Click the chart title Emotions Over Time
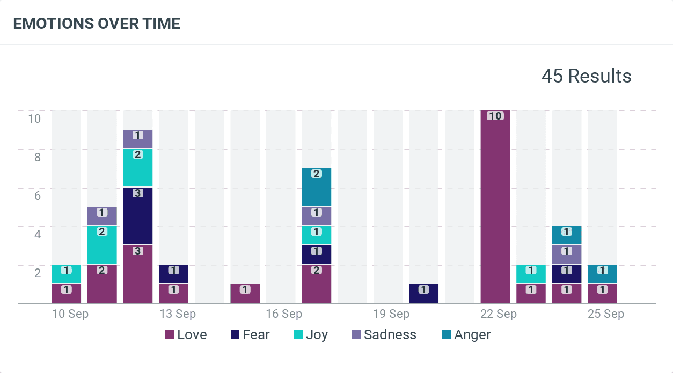pos(97,24)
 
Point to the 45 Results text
pos(586,76)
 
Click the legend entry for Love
pos(186,335)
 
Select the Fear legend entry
pos(250,335)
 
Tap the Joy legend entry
pos(310,335)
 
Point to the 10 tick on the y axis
pos(34,118)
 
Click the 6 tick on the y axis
pos(38,196)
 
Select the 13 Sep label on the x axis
pos(178,314)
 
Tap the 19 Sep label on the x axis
pos(391,314)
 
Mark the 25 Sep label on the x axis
pos(606,314)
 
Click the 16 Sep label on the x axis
pos(284,314)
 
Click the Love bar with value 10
pos(495,209)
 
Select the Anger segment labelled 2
pos(317,187)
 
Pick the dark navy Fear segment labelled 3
pos(138,215)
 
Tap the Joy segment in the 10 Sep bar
pos(67,274)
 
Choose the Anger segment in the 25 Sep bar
pos(602,274)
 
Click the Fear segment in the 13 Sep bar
pos(174,274)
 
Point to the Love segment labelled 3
pos(138,274)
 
